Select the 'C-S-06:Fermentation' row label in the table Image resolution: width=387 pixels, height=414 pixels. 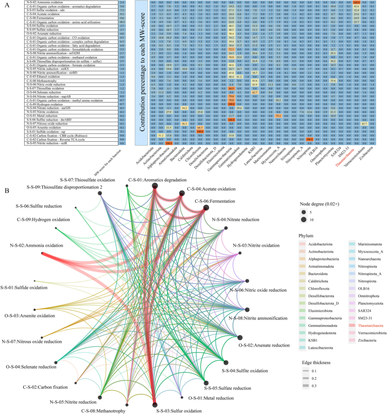click(40, 18)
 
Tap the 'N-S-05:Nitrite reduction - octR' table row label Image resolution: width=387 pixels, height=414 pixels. click(47, 143)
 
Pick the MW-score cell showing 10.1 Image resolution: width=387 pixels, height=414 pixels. click(122, 22)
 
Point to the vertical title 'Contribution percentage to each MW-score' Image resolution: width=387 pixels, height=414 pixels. click(142, 72)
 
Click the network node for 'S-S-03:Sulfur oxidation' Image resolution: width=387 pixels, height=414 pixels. click(155, 405)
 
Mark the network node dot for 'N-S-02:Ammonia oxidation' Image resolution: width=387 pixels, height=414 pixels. click(42, 253)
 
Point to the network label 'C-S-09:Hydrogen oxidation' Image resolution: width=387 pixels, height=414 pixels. click(43, 219)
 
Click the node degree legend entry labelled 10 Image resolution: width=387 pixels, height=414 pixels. click(304, 220)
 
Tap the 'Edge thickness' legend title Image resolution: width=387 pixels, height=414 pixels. click(316, 363)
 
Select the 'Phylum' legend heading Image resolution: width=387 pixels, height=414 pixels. click(306, 236)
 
